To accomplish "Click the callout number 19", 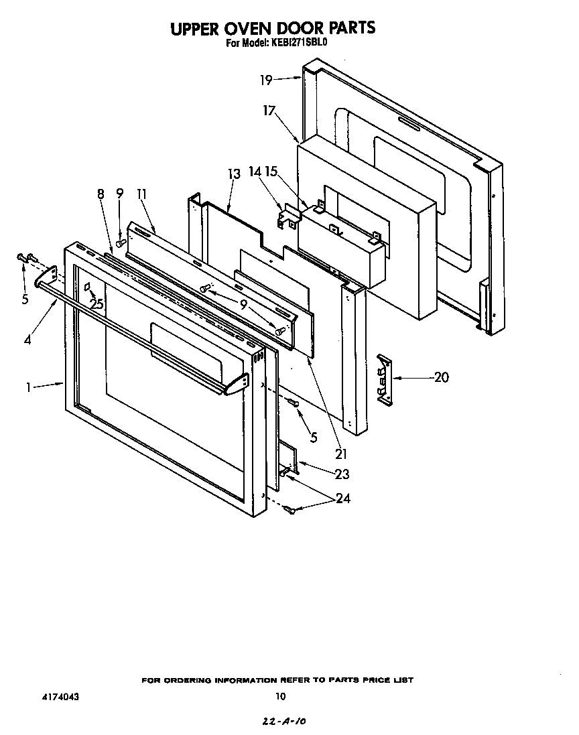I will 266,80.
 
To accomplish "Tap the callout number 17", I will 269,111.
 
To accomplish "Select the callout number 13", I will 233,174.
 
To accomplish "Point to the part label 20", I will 441,377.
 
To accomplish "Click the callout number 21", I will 341,454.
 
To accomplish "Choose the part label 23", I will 341,474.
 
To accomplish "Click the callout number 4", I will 27,340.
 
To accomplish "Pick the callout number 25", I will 97,303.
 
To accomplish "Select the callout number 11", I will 141,194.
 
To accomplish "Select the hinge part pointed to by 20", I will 383,379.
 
